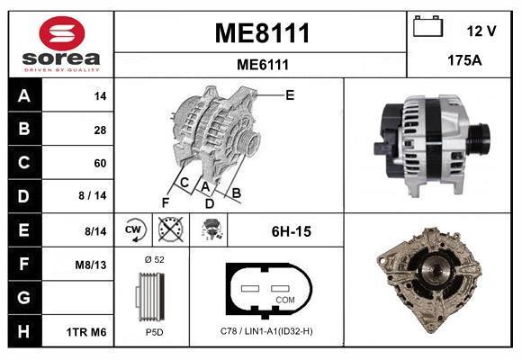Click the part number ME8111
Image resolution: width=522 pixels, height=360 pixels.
click(x=262, y=34)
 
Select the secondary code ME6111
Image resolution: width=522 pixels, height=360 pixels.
click(x=262, y=64)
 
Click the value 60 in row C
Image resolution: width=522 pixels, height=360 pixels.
click(x=100, y=164)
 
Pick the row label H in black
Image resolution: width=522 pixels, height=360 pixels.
click(x=23, y=331)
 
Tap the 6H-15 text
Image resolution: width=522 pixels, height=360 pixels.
click(x=291, y=232)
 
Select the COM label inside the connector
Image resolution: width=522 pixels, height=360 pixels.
click(x=284, y=299)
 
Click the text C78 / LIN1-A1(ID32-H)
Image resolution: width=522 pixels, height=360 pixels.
click(x=267, y=332)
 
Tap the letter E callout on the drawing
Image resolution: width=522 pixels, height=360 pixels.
click(x=290, y=94)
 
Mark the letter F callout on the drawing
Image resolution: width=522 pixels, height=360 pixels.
click(x=165, y=201)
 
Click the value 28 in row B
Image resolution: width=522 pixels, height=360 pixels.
click(x=100, y=130)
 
